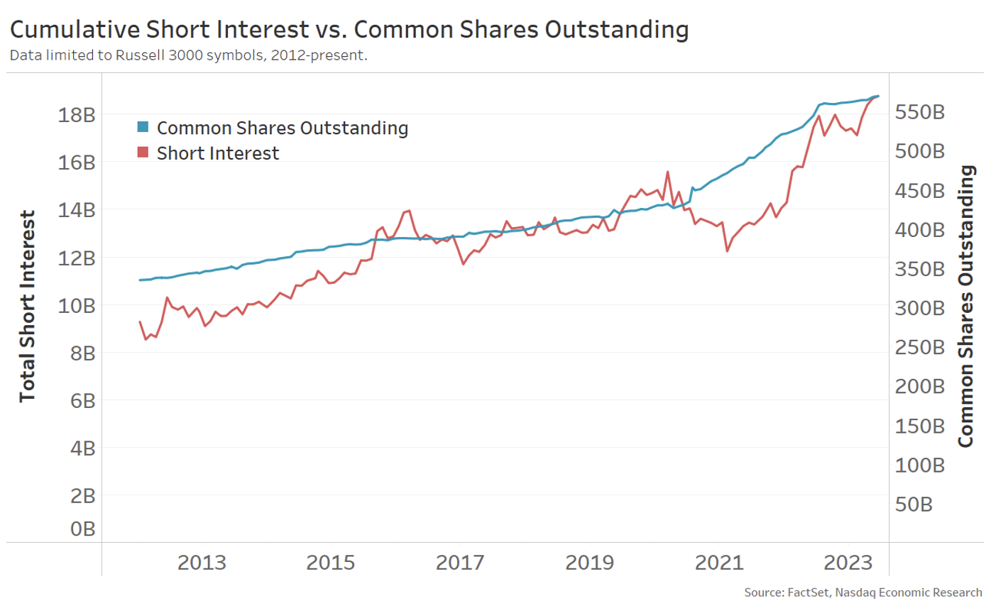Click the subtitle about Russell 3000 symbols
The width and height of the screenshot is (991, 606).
coord(188,55)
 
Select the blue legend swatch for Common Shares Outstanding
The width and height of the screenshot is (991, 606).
coord(143,128)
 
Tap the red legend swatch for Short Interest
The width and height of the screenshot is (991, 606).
coord(143,153)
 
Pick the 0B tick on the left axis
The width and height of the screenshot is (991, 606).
coord(80,529)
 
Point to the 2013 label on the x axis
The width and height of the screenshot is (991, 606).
coord(202,563)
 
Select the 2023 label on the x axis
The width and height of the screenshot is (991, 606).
coord(848,563)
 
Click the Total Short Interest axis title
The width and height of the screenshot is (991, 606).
coord(27,306)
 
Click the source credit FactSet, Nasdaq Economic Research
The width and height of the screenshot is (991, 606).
coord(863,592)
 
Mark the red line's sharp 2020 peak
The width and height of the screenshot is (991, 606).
coord(668,172)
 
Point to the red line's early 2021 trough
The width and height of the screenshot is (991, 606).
coord(727,251)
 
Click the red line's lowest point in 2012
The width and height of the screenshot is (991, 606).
coord(146,339)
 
